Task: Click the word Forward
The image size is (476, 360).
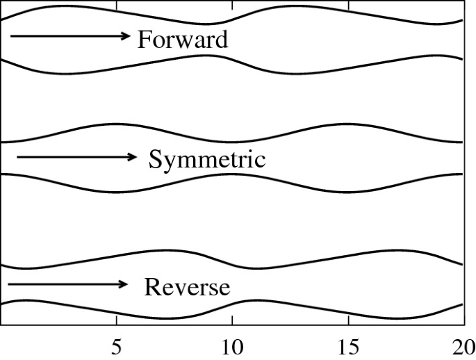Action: tap(182, 40)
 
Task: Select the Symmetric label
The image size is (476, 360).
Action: tap(207, 160)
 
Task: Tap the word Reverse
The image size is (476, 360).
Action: tap(187, 286)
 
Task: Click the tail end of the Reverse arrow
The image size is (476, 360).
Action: tap(8, 284)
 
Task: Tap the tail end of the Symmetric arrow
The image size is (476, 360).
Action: tap(17, 157)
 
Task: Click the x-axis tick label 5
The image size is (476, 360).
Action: tap(116, 345)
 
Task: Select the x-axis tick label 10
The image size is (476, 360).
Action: tap(231, 345)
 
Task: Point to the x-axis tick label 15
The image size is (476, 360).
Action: tap(347, 345)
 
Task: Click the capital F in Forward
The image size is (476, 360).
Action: tap(144, 40)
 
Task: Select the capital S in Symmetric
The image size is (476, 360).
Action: tap(156, 160)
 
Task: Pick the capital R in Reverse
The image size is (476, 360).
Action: tap(152, 286)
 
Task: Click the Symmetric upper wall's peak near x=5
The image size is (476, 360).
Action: tap(115, 124)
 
